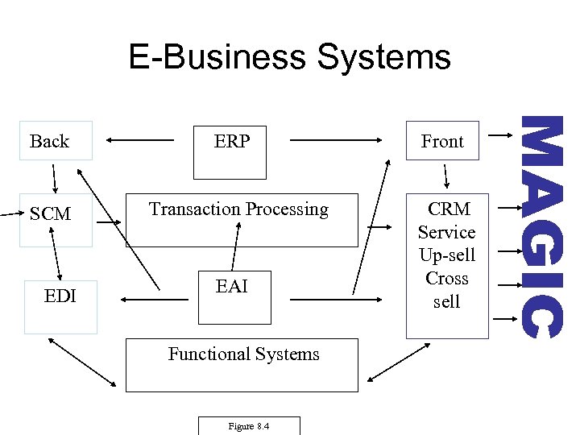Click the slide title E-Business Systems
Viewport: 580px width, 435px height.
pyautogui.click(x=290, y=58)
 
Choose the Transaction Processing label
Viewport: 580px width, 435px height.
pyautogui.click(x=238, y=209)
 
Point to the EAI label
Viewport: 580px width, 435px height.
pyautogui.click(x=232, y=286)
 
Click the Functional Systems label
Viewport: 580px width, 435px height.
pyautogui.click(x=243, y=354)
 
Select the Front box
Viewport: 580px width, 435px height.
pyautogui.click(x=442, y=141)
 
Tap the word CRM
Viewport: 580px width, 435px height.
pyautogui.click(x=447, y=209)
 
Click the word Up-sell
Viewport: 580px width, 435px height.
pyautogui.click(x=447, y=255)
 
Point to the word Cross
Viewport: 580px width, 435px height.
pyautogui.click(x=447, y=278)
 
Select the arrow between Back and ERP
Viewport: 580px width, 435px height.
pyautogui.click(x=141, y=141)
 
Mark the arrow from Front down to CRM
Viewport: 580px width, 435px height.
pyautogui.click(x=445, y=176)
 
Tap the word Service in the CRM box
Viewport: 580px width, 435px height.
pyautogui.click(x=447, y=232)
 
